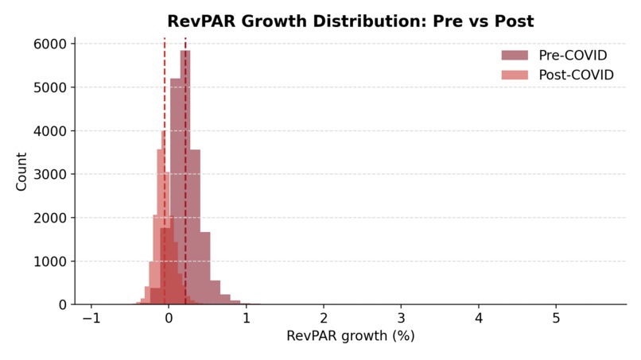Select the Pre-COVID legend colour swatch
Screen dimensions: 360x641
click(x=514, y=55)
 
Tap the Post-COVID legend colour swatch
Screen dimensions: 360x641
click(x=514, y=75)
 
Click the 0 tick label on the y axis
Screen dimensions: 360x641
click(x=64, y=304)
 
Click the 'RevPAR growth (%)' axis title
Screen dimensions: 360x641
click(x=351, y=336)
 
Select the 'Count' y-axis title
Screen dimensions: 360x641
click(x=21, y=172)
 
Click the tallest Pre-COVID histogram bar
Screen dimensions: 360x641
click(x=185, y=175)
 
